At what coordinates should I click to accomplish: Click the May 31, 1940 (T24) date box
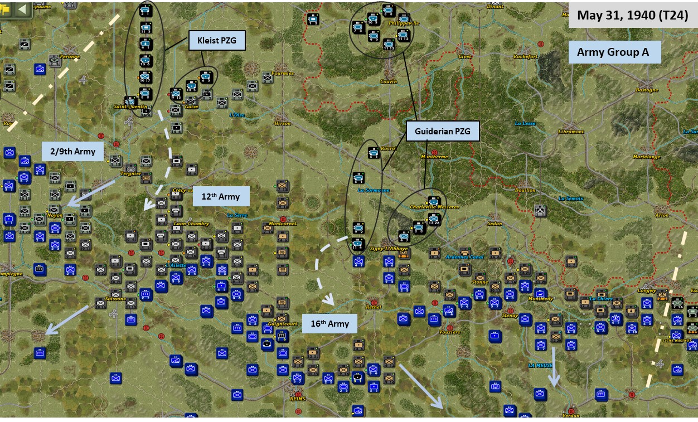[632, 15]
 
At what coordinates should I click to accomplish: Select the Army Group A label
[613, 52]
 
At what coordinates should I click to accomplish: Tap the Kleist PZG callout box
[217, 40]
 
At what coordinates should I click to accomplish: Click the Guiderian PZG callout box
[443, 132]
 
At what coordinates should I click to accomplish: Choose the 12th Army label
[221, 196]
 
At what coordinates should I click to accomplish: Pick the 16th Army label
[329, 323]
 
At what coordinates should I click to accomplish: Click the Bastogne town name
[647, 90]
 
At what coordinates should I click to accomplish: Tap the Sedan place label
[495, 224]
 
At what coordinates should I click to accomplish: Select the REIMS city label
[298, 399]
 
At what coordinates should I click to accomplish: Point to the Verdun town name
[571, 415]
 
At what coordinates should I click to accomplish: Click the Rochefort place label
[526, 56]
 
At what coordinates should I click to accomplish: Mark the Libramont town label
[571, 132]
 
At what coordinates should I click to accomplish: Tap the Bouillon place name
[525, 190]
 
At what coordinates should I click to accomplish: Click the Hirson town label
[282, 123]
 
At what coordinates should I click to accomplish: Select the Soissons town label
[115, 299]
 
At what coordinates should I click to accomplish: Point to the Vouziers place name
[449, 332]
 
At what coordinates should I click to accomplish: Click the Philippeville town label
[403, 23]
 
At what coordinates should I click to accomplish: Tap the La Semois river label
[571, 198]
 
